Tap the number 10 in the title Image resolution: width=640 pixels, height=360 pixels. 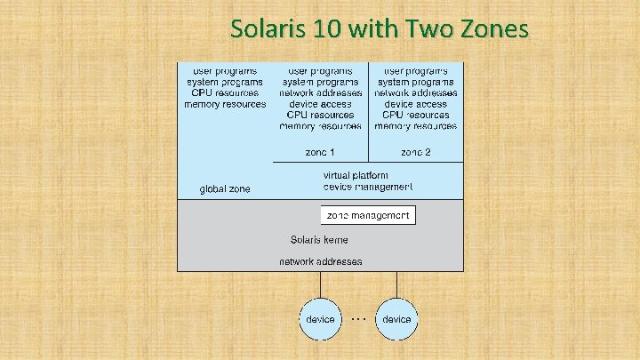point(324,29)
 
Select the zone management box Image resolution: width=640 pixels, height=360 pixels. point(368,215)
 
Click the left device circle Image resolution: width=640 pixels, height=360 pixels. point(320,318)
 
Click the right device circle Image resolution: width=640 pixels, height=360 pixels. point(396,318)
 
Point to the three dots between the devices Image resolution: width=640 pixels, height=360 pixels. point(358,316)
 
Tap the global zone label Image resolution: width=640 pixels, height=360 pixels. point(225,189)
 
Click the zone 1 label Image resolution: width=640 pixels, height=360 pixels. point(320,152)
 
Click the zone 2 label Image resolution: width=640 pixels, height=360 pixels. point(415,152)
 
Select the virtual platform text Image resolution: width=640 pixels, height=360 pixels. point(367,175)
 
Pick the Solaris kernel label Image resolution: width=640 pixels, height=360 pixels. point(319,240)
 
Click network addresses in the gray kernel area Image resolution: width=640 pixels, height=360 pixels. point(321,262)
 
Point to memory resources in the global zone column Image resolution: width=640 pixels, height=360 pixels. point(225,104)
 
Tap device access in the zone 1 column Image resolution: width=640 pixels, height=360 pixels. point(320,104)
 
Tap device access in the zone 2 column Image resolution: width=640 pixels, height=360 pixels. point(415,104)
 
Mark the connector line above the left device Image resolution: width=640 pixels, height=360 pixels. point(320,284)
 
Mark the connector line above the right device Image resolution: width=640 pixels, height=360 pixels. point(396,284)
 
